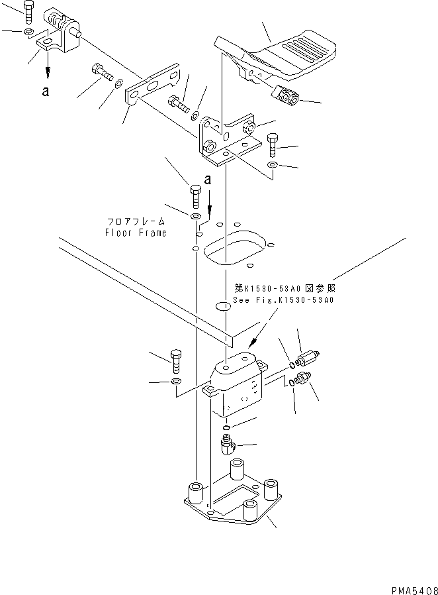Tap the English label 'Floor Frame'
tap(136, 233)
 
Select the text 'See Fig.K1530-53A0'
tap(284, 300)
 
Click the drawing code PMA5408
tap(411, 587)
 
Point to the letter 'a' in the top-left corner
tap(45, 92)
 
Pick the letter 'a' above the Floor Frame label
tap(207, 180)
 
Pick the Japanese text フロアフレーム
tap(136, 223)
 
